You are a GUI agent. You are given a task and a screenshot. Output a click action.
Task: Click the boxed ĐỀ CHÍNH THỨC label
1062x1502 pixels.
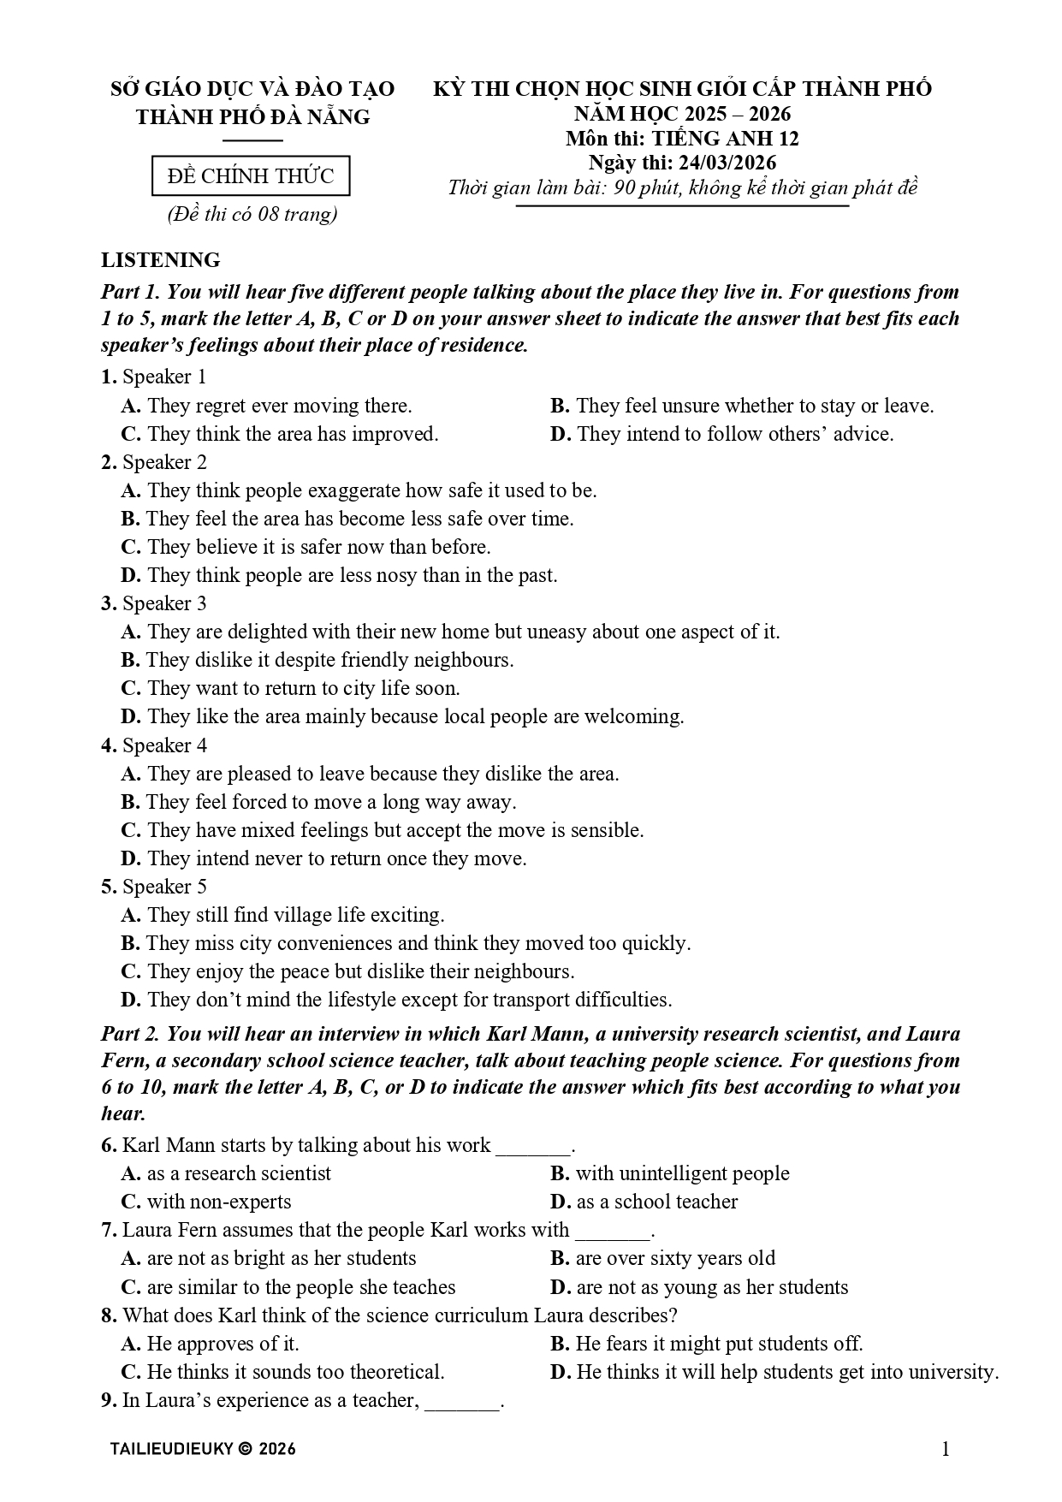click(x=251, y=176)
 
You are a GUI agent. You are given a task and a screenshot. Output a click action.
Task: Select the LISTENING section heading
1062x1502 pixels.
click(x=161, y=260)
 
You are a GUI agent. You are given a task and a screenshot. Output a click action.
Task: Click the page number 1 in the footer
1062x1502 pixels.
click(x=946, y=1448)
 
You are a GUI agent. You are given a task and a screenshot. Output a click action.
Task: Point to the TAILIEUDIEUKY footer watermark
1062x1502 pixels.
click(x=203, y=1449)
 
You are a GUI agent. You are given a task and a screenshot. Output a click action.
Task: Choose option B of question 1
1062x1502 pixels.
click(x=741, y=406)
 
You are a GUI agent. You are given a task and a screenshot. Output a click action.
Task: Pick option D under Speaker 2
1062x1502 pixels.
click(x=339, y=575)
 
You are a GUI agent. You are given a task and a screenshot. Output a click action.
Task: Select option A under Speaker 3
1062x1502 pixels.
click(x=450, y=632)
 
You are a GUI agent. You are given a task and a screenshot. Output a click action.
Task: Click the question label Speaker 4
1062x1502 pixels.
click(x=154, y=745)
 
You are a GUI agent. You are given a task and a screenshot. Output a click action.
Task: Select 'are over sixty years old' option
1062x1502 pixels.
click(x=662, y=1258)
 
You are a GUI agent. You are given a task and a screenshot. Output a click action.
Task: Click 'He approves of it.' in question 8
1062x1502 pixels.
click(x=211, y=1344)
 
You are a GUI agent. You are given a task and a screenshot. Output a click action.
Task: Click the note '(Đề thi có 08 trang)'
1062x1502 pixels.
click(x=252, y=214)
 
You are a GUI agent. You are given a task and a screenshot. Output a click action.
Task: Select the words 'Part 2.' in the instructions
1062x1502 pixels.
click(x=131, y=1034)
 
